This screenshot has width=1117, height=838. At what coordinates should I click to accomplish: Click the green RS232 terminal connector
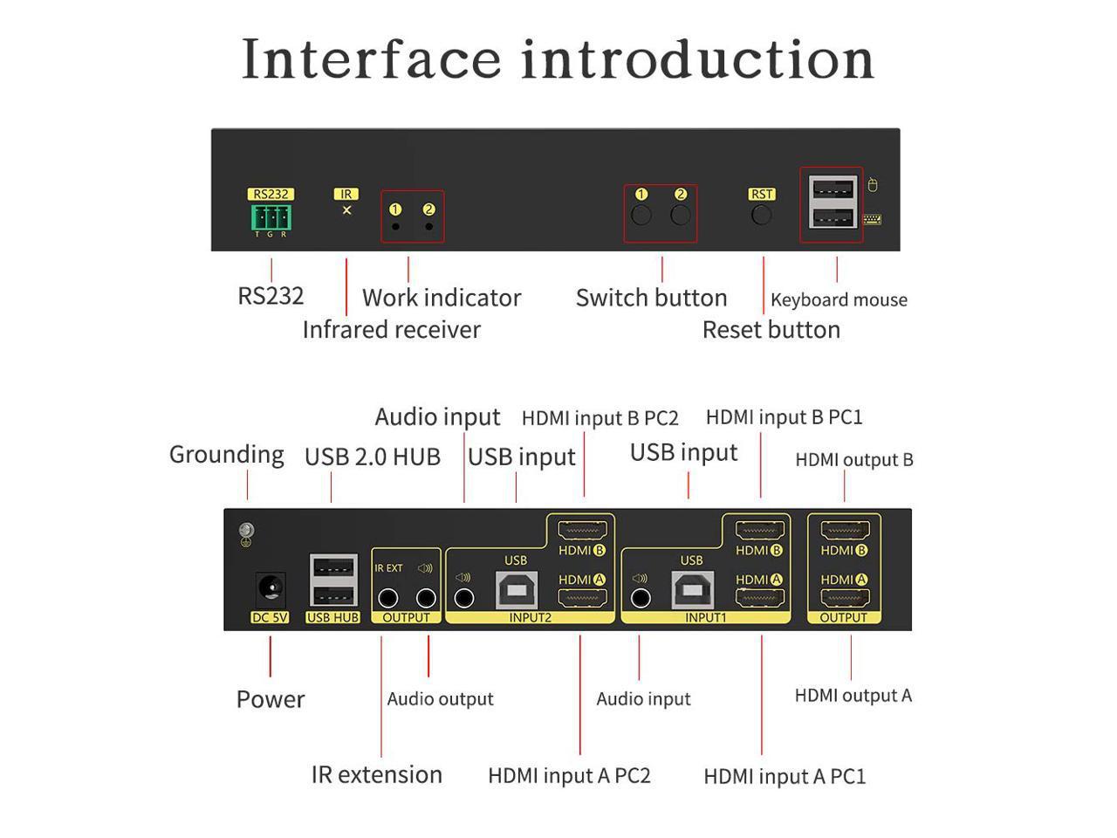click(x=271, y=216)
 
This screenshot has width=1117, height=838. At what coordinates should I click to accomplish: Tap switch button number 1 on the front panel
click(x=641, y=215)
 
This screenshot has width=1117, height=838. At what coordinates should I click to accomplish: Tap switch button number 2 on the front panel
click(x=681, y=215)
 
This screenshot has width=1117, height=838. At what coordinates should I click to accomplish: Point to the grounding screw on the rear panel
click(x=246, y=531)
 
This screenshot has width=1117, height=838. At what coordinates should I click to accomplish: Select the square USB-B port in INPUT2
click(x=516, y=590)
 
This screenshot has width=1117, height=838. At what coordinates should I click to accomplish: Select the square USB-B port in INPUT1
click(x=691, y=590)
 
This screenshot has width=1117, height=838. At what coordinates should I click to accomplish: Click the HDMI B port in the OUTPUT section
click(x=844, y=529)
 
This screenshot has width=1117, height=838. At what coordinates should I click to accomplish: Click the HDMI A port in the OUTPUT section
click(x=844, y=599)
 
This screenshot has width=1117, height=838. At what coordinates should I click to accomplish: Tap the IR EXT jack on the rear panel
click(x=388, y=598)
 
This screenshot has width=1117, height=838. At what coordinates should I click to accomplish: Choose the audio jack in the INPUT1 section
click(x=641, y=598)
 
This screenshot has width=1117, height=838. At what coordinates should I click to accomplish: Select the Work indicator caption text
click(x=441, y=298)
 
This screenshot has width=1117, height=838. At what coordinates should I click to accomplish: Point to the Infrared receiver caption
click(x=391, y=330)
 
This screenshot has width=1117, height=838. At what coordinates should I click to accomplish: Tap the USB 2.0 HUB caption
click(x=372, y=457)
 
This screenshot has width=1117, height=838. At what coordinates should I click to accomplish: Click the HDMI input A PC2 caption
click(x=569, y=776)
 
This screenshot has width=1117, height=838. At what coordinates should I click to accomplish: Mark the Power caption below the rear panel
click(x=271, y=699)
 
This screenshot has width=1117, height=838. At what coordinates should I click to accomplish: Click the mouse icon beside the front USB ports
click(x=872, y=185)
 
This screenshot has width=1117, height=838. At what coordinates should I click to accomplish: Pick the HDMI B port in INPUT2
click(x=581, y=529)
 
